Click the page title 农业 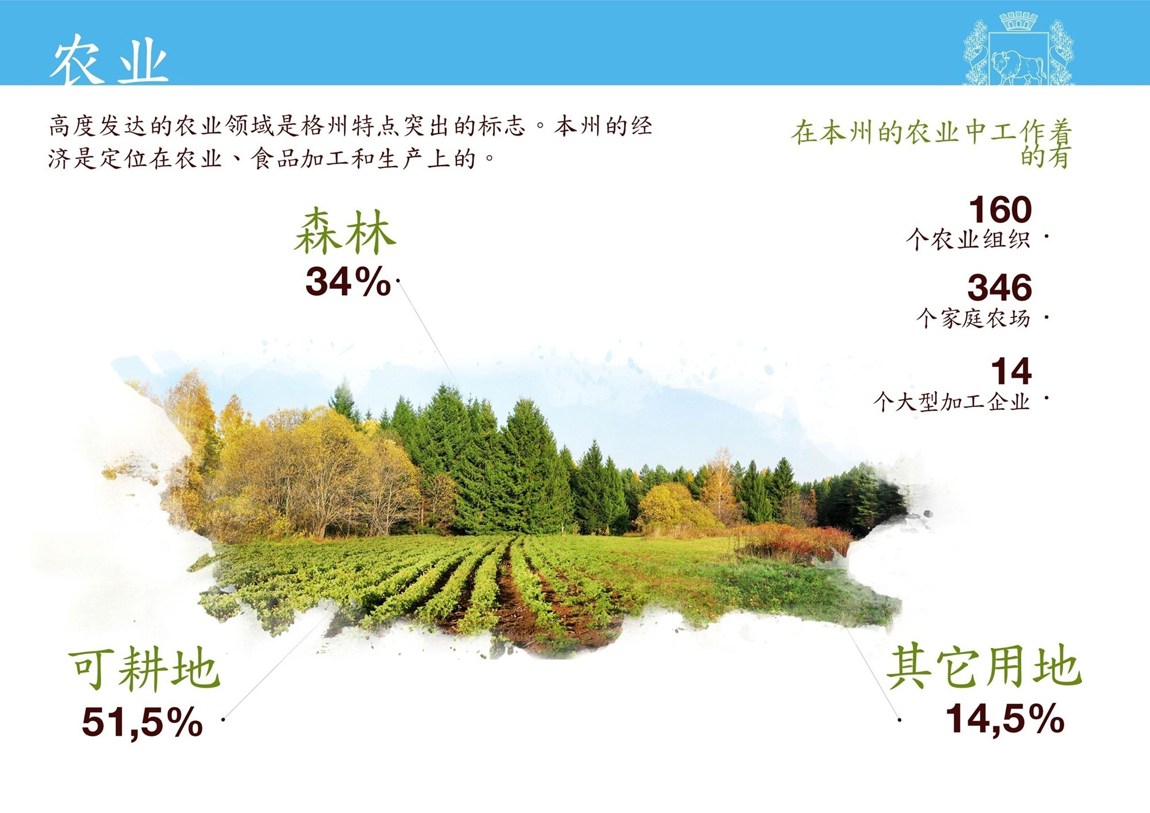coord(109,59)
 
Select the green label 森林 coord(345,232)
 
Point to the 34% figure coord(348,282)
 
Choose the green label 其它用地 coord(984,666)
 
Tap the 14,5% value coord(1005,719)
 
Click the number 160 coord(1000,209)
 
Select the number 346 coord(999,287)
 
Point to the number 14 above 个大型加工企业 coord(1011,371)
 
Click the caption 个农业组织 coord(968,239)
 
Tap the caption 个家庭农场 coord(973,318)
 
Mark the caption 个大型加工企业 coord(952,401)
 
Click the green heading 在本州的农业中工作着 coord(931,132)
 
